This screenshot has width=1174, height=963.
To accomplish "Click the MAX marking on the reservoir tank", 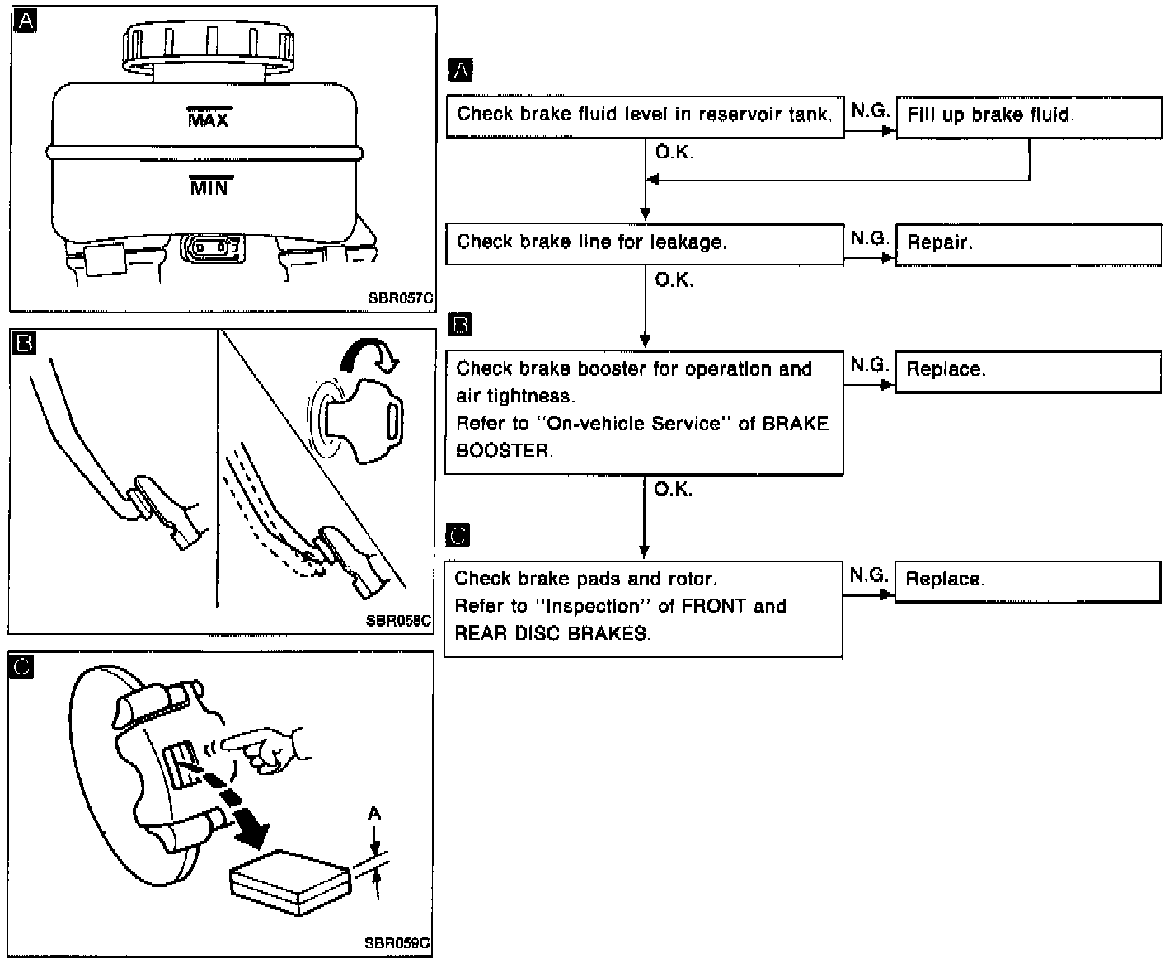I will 209,119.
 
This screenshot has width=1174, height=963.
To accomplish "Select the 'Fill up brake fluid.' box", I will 1028,115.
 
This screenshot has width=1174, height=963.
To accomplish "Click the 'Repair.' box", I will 1028,243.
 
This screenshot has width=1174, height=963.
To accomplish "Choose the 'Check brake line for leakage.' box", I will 644,243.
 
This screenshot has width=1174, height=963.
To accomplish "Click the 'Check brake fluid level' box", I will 644,115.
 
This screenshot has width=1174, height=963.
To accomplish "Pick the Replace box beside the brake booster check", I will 1028,370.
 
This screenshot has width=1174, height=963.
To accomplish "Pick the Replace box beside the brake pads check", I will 1027,580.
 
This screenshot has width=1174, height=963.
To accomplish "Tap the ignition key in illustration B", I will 363,419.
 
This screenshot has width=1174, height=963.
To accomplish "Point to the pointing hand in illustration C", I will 268,749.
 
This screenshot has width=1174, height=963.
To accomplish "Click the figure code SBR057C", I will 401,298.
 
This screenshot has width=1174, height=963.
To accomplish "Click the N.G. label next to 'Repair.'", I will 869,238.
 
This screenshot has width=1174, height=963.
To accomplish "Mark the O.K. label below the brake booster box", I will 673,490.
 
